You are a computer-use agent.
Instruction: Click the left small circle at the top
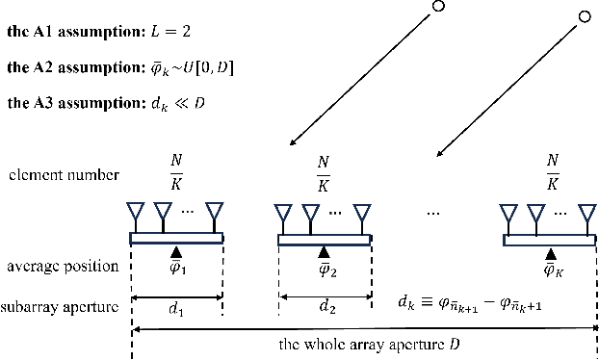click(439, 8)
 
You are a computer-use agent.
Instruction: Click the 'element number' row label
click(54, 175)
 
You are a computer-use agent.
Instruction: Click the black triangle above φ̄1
click(176, 253)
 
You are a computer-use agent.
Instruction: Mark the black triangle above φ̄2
click(324, 253)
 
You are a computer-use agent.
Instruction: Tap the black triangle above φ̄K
click(550, 253)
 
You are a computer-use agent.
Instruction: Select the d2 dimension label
click(324, 310)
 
